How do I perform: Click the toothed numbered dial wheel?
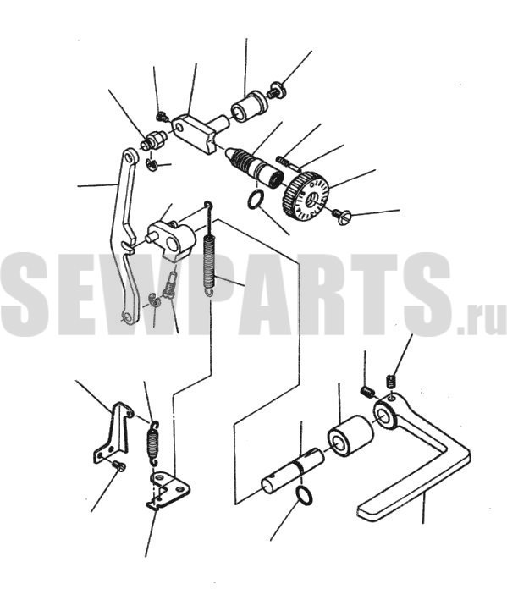(306, 196)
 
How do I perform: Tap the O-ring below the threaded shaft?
(256, 199)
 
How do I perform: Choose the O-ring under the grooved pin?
(304, 494)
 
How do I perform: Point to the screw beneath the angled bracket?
(119, 466)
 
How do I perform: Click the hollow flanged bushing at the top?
(249, 107)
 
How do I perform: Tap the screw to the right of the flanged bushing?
(276, 91)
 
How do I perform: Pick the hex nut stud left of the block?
(153, 140)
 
